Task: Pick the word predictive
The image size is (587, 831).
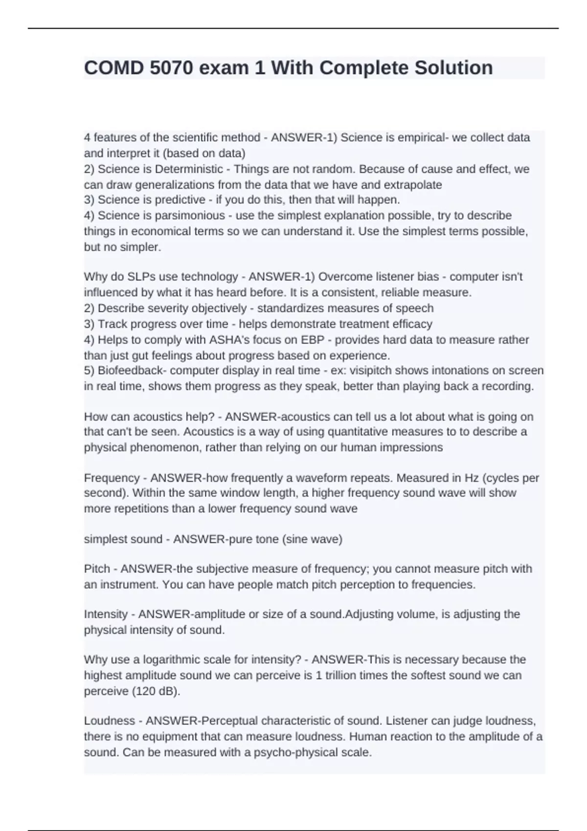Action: (181, 200)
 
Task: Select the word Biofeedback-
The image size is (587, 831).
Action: (132, 371)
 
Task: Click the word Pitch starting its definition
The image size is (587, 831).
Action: (97, 569)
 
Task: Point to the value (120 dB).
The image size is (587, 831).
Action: (156, 692)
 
